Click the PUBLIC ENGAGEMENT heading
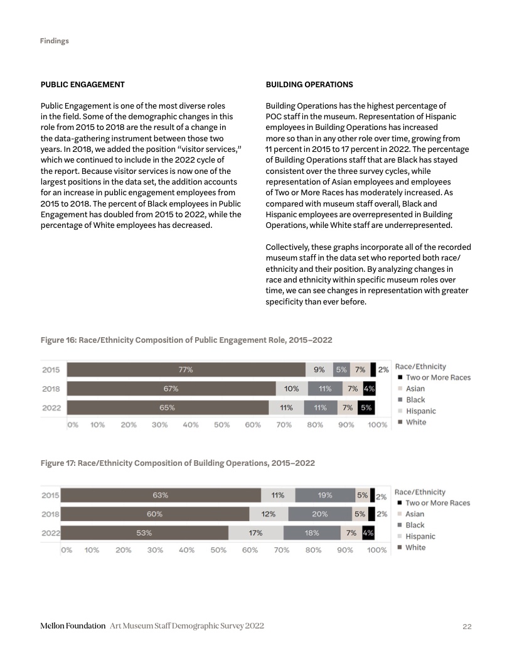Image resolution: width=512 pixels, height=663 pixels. [x=82, y=84]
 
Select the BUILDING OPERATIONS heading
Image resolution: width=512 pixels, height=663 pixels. [x=309, y=84]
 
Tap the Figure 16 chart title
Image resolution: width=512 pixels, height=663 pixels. [x=186, y=340]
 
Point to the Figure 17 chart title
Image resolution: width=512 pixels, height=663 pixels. [x=178, y=463]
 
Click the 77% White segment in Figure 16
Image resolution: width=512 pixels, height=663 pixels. [x=186, y=370]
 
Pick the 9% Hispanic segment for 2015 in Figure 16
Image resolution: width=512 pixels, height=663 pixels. [x=319, y=370]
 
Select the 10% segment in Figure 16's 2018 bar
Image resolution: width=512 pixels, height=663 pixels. [x=292, y=389]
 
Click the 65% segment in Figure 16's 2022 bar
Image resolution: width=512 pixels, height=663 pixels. [x=168, y=407]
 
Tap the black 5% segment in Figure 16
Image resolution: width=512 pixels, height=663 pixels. [x=367, y=407]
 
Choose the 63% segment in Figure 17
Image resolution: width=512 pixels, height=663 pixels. [x=161, y=495]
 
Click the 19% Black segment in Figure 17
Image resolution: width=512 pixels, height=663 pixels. [x=325, y=495]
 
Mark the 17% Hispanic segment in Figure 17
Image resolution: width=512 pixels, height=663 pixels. [x=255, y=533]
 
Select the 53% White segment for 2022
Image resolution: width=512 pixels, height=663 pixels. [x=144, y=533]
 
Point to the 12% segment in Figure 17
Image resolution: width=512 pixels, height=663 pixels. [x=269, y=514]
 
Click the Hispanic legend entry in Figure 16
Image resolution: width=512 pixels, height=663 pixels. [x=420, y=411]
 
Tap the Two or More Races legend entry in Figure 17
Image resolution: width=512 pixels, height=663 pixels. [x=437, y=503]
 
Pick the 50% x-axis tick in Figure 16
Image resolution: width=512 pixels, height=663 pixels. [x=221, y=424]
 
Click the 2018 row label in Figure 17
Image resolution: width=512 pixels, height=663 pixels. [x=50, y=514]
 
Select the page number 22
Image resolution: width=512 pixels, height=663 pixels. [x=467, y=627]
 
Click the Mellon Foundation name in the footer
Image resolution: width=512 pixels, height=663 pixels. [x=72, y=627]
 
